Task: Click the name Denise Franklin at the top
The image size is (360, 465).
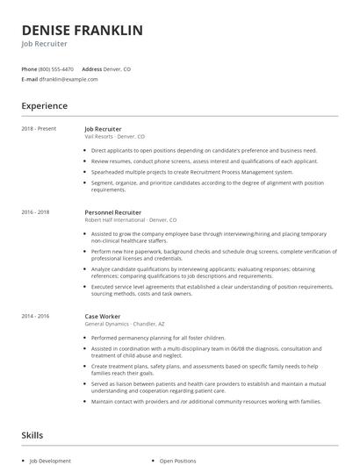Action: pos(82,31)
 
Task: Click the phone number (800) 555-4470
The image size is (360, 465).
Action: pos(56,68)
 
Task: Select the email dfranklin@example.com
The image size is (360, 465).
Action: pos(68,79)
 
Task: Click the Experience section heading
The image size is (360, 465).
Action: pos(44,106)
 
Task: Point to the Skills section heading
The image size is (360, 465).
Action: pos(33,434)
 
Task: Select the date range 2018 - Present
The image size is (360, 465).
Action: pos(39,129)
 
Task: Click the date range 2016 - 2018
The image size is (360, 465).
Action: pos(35,212)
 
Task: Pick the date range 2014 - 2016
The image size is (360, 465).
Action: pos(35,316)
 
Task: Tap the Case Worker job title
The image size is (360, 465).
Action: pos(103,316)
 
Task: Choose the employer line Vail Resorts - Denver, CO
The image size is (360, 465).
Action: pos(115,137)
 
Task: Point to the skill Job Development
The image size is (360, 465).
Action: pos(51,461)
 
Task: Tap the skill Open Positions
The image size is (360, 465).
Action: pos(178,461)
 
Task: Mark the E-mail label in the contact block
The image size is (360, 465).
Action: pos(29,79)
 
